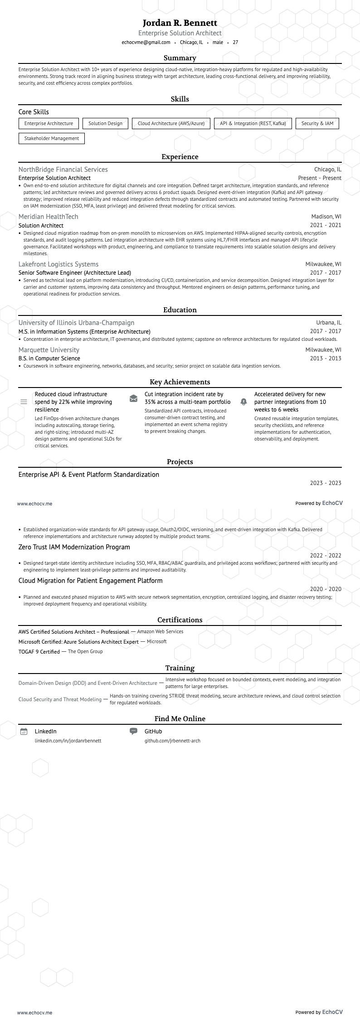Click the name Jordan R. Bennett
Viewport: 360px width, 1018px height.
tap(180, 23)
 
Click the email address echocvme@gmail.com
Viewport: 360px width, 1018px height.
tap(146, 43)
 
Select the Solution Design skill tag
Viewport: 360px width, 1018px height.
tap(105, 123)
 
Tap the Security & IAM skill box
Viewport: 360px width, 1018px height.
tap(317, 123)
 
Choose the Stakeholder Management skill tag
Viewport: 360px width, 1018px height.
tap(52, 138)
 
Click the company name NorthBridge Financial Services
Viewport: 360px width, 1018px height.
tap(63, 170)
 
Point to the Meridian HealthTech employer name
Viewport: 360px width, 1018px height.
tap(49, 217)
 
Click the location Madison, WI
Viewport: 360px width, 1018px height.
tap(326, 217)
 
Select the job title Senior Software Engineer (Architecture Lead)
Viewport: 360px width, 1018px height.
tap(75, 273)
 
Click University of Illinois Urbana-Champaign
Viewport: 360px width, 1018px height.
tap(76, 323)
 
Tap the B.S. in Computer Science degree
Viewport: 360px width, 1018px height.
tap(49, 359)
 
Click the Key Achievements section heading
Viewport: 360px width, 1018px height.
tap(180, 382)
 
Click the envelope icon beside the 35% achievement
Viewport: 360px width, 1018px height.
tap(133, 398)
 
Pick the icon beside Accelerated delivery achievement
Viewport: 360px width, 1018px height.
tap(243, 402)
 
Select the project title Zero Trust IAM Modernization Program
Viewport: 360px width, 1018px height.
tap(74, 547)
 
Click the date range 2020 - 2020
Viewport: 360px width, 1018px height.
tap(326, 589)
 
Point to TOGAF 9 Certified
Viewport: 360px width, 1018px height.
tap(39, 652)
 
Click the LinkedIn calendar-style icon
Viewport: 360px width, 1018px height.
tap(24, 731)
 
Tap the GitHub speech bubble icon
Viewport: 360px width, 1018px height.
tap(133, 731)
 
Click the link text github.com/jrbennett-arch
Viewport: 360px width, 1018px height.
tap(172, 741)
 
